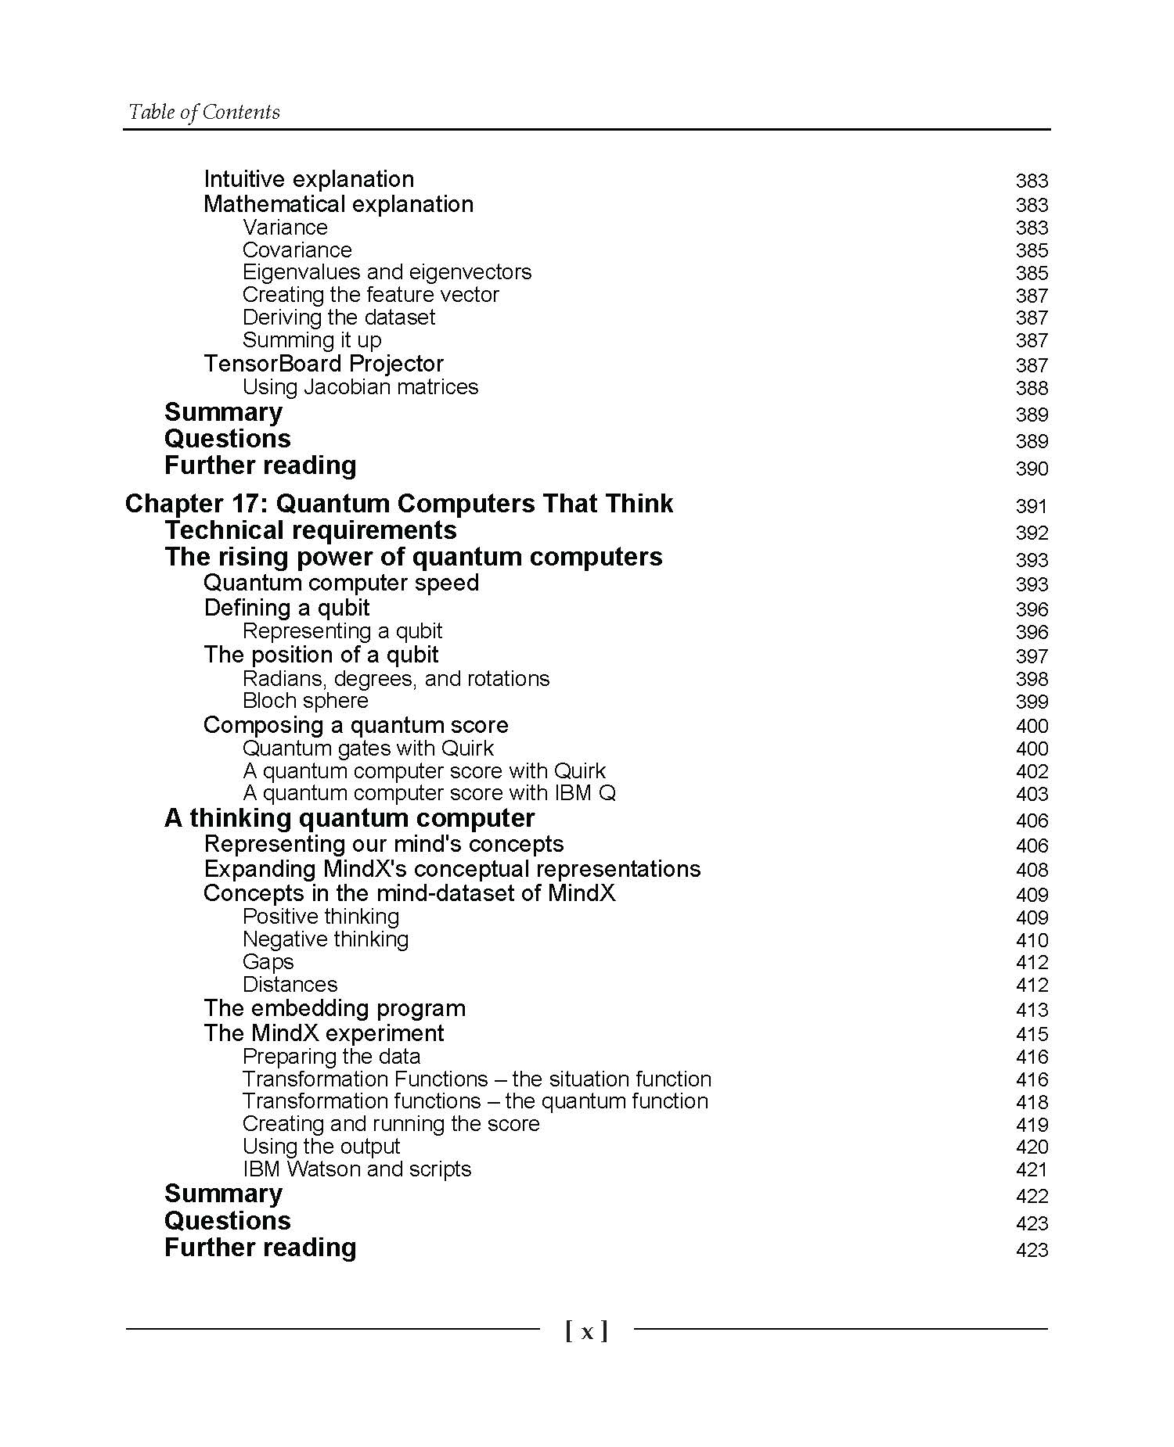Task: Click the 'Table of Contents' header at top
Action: [x=203, y=112]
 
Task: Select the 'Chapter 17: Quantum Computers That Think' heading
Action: [x=398, y=503]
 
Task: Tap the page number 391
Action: [x=1031, y=506]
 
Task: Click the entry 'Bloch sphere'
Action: [x=305, y=701]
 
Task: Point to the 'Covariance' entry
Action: [x=297, y=250]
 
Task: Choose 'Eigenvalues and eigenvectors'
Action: [x=387, y=272]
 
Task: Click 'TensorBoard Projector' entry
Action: [x=323, y=364]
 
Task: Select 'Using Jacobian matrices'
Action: [x=360, y=387]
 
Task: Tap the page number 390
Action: [x=1031, y=469]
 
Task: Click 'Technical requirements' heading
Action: [x=310, y=530]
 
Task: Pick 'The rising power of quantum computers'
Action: [x=413, y=557]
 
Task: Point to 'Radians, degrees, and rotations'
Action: [x=396, y=678]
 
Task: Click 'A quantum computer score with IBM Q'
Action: [x=429, y=793]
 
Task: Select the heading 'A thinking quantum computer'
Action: [x=349, y=818]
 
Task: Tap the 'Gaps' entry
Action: [x=268, y=962]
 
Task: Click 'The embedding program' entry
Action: [x=334, y=1008]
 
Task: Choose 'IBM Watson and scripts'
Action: [x=357, y=1169]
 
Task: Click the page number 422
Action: [x=1031, y=1196]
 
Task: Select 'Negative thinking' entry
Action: [x=326, y=939]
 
